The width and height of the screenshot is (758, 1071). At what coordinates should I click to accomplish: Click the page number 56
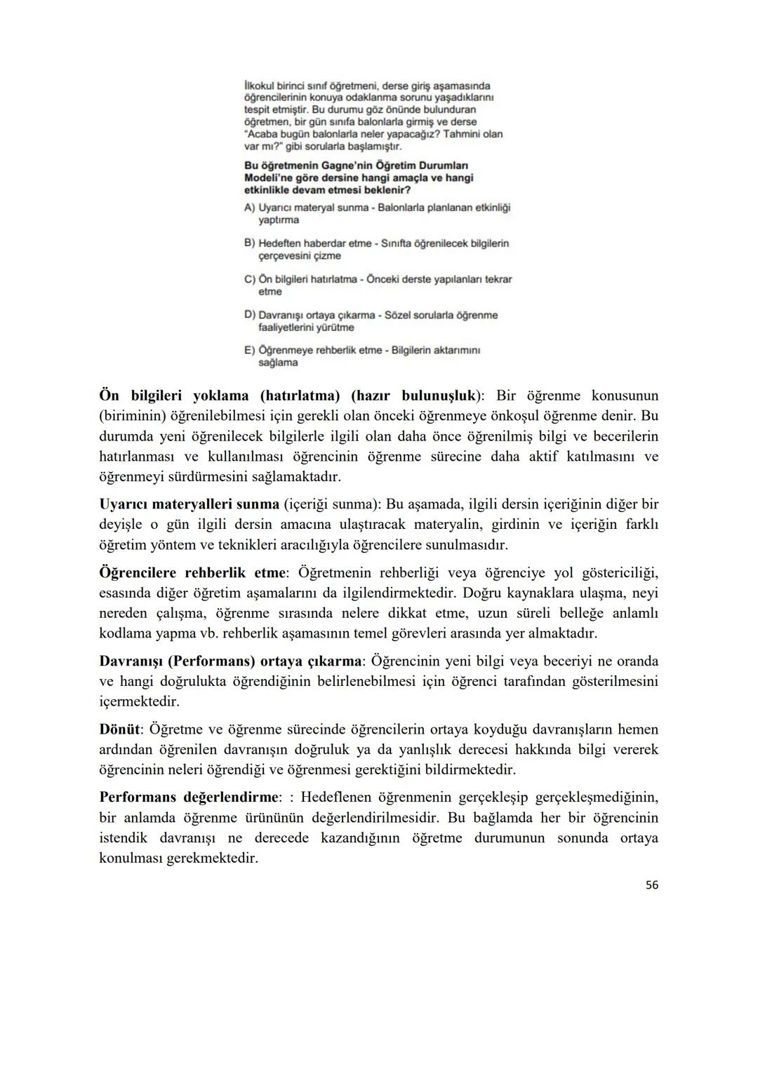(651, 885)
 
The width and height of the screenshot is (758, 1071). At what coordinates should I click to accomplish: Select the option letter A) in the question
(249, 208)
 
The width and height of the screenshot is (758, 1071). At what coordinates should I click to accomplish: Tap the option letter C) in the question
(249, 279)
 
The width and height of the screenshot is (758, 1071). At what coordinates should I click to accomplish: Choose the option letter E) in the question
(249, 350)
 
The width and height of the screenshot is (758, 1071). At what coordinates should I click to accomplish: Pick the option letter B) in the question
(249, 243)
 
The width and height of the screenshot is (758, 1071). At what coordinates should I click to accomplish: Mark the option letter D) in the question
(249, 315)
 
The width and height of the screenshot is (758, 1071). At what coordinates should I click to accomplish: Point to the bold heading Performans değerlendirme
(189, 797)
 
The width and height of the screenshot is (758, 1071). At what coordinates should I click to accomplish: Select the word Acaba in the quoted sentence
(260, 134)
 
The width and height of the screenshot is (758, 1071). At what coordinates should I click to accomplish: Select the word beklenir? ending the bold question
(385, 190)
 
